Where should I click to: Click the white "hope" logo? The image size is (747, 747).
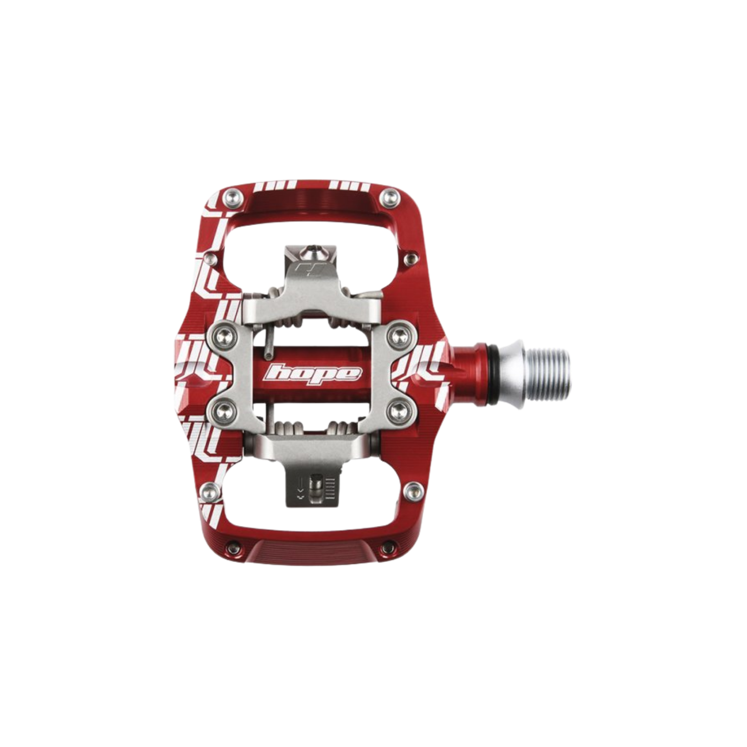313,373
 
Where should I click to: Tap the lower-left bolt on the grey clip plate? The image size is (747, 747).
221,412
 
